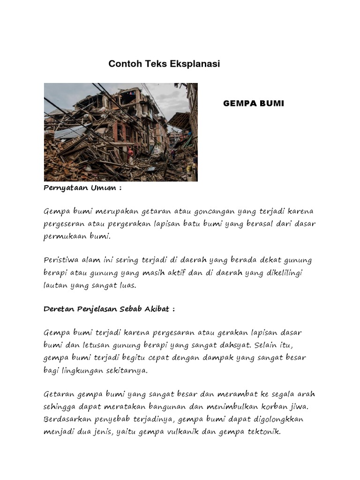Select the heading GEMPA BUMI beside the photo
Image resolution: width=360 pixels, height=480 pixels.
pyautogui.click(x=253, y=103)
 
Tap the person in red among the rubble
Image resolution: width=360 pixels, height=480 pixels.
pyautogui.click(x=130, y=154)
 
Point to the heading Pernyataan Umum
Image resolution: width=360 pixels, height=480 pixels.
pyautogui.click(x=82, y=188)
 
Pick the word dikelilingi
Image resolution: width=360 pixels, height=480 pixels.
pyautogui.click(x=280, y=272)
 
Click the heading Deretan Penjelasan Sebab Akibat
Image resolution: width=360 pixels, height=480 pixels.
pyautogui.click(x=109, y=309)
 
